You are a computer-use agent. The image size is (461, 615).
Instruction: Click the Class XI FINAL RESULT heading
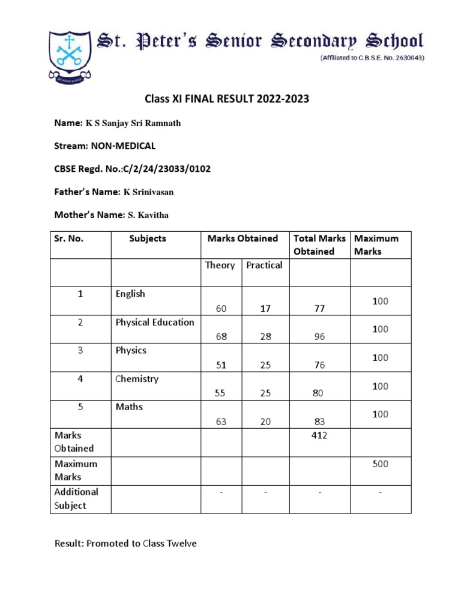click(x=227, y=99)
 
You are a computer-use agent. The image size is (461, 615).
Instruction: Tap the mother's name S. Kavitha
click(x=150, y=215)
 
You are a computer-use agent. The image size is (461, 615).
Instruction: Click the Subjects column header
click(x=148, y=238)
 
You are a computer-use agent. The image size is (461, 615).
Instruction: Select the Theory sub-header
click(x=220, y=265)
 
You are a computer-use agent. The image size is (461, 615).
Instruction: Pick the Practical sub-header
click(x=264, y=265)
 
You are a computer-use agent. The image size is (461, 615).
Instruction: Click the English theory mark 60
click(x=221, y=309)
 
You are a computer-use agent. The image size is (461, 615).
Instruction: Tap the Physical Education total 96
click(x=319, y=337)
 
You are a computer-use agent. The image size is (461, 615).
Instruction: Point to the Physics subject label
click(x=131, y=351)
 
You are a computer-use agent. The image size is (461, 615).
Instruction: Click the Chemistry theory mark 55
click(x=221, y=393)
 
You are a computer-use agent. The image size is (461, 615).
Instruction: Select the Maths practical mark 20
click(x=265, y=422)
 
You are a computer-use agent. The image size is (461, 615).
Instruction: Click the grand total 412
click(x=319, y=435)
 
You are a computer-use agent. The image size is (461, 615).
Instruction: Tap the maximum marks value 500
click(x=380, y=464)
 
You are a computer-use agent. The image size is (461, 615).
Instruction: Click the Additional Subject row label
click(x=76, y=498)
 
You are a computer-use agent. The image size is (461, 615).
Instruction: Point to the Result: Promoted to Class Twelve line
click(x=125, y=544)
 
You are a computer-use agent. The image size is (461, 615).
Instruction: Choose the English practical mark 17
click(x=265, y=309)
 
